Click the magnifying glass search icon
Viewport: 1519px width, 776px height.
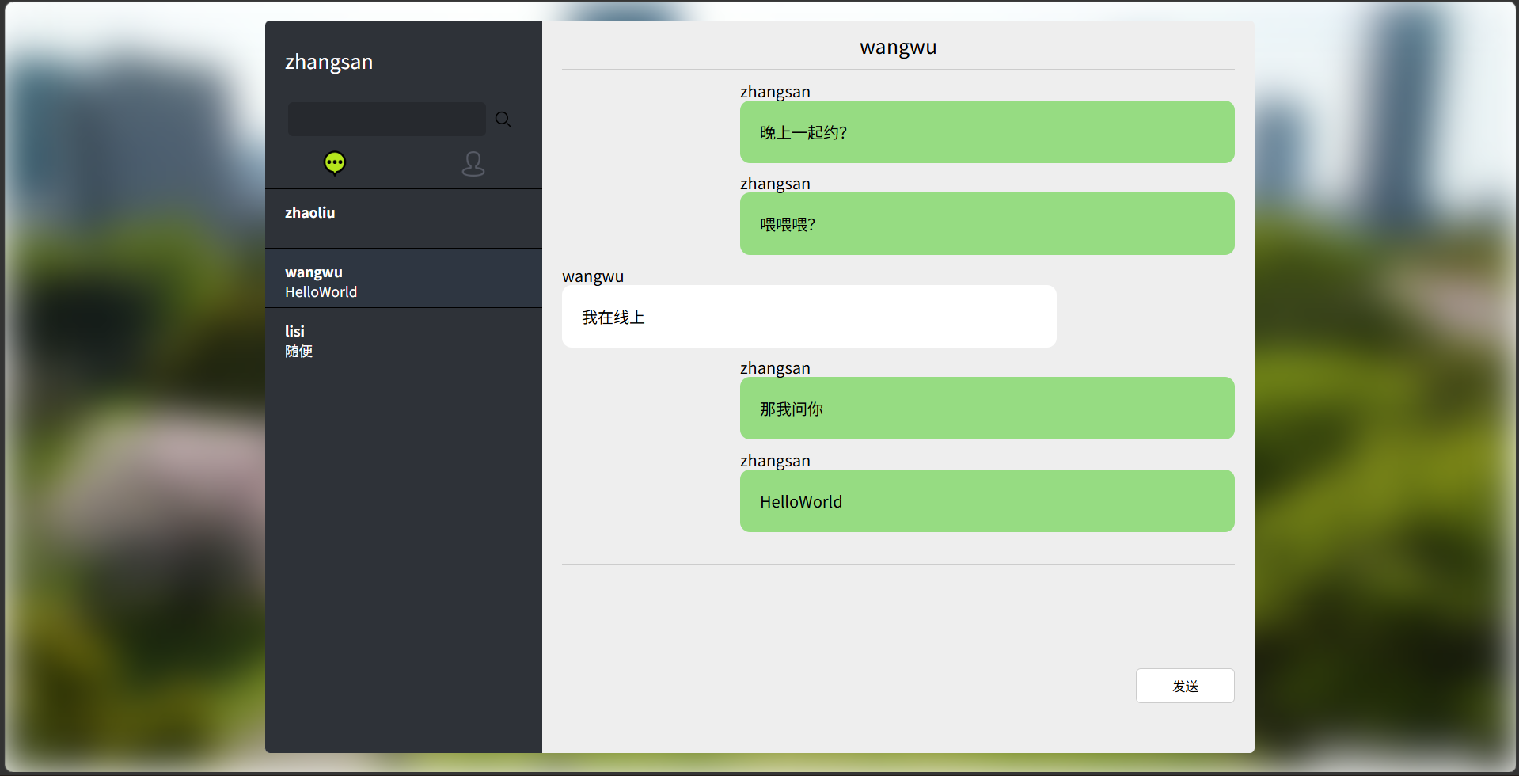coord(503,119)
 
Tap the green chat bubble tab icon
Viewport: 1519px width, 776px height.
coord(335,163)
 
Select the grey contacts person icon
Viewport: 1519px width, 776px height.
coord(473,164)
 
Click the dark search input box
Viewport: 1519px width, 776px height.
coord(386,119)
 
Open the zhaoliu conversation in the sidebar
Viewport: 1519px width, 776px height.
coord(310,213)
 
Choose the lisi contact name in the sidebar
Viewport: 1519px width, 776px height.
coord(294,331)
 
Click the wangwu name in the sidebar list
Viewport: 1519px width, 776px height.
coord(313,272)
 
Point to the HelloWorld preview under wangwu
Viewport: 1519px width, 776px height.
coord(321,292)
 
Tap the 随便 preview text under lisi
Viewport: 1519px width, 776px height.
coord(299,352)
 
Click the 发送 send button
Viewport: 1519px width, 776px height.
coord(1184,686)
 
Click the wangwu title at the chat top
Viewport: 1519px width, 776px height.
coord(898,48)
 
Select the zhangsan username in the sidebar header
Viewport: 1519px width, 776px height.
coord(328,62)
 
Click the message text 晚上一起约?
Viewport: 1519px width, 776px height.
coord(803,133)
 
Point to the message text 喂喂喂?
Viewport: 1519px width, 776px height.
coord(788,225)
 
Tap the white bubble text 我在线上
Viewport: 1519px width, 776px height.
coord(613,318)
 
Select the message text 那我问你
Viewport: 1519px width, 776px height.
coord(792,409)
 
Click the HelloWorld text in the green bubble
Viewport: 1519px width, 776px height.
coord(801,502)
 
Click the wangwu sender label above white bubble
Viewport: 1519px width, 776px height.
coord(593,276)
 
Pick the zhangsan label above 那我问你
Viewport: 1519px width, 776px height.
coord(775,368)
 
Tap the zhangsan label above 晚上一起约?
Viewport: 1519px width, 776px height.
coord(775,92)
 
